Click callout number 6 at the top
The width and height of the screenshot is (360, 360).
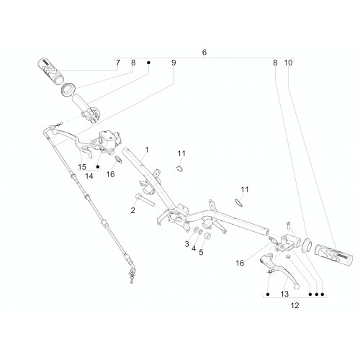tap(204, 52)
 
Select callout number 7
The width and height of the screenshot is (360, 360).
tap(117, 63)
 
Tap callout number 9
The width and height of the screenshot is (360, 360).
tap(174, 63)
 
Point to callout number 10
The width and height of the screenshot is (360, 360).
tap(288, 63)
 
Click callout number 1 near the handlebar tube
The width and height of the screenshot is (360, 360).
tap(147, 150)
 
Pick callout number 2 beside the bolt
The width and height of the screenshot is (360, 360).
tap(132, 210)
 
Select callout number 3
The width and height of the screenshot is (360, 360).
tap(186, 244)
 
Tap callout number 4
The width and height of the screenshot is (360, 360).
tap(194, 248)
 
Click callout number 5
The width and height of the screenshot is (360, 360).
tap(201, 252)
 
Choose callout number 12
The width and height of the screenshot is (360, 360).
tap(295, 305)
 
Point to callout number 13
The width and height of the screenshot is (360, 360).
tap(284, 294)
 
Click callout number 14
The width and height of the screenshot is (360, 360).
tap(89, 176)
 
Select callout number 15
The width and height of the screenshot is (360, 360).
tap(82, 167)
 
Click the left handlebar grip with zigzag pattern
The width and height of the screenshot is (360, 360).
tap(50, 71)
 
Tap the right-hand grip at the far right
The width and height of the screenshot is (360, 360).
tap(334, 256)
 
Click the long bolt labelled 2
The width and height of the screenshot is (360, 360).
tap(144, 199)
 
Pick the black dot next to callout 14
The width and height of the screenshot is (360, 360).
tap(98, 167)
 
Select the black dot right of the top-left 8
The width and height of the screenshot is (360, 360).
tap(148, 63)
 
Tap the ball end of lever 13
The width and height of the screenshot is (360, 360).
tap(297, 286)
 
